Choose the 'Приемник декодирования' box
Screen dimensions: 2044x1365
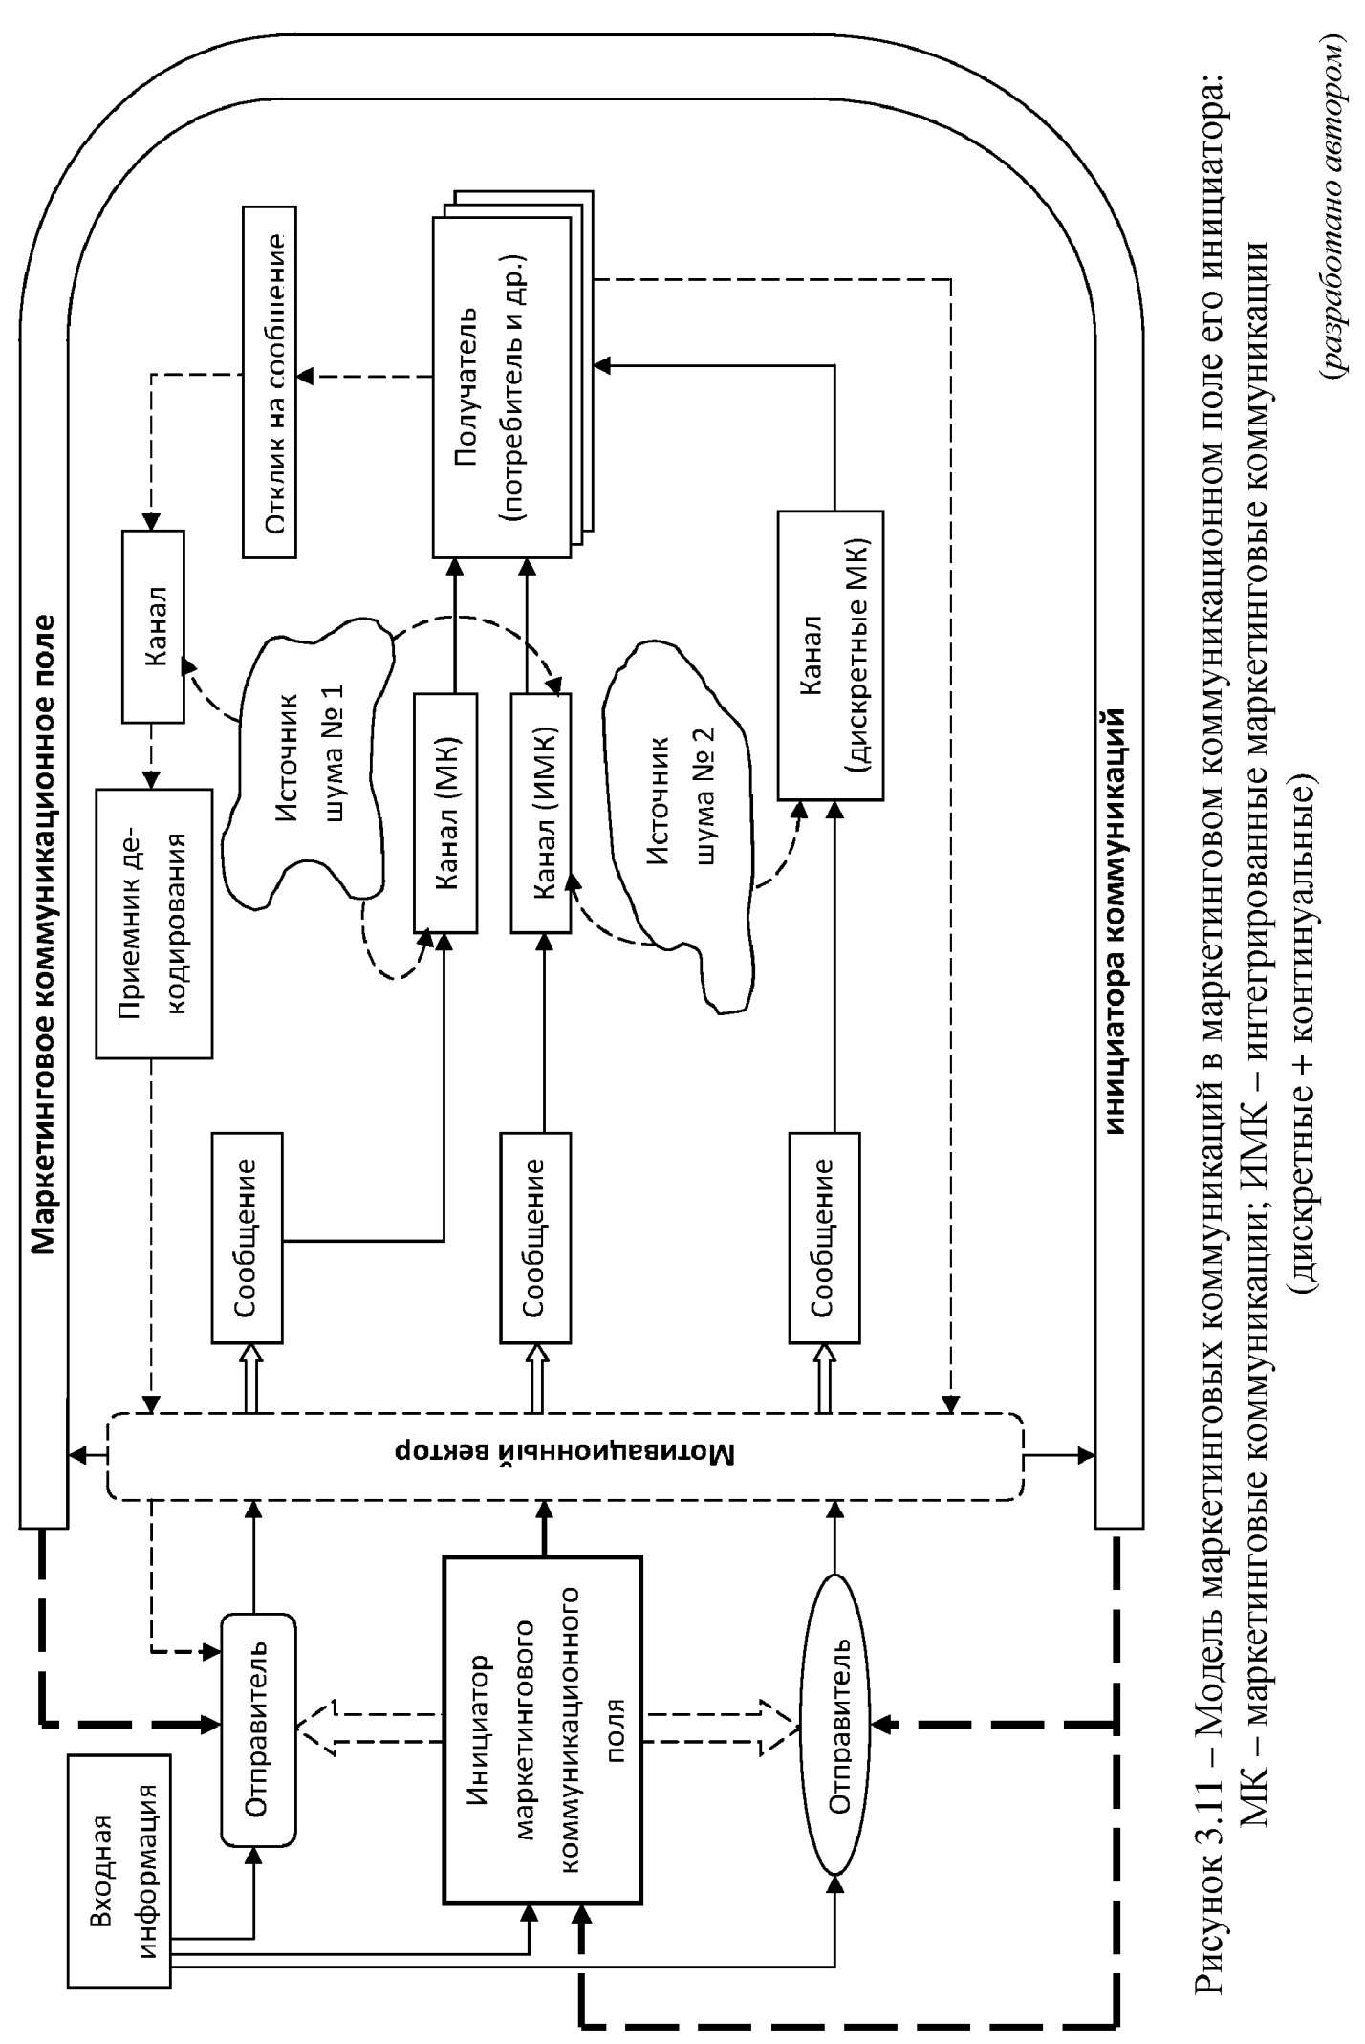point(154,924)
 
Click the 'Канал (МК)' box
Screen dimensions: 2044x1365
point(445,813)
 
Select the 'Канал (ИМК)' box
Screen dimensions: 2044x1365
point(542,813)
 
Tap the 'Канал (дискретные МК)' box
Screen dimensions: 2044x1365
point(831,654)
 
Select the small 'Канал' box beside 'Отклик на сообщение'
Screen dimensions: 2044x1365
point(153,627)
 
